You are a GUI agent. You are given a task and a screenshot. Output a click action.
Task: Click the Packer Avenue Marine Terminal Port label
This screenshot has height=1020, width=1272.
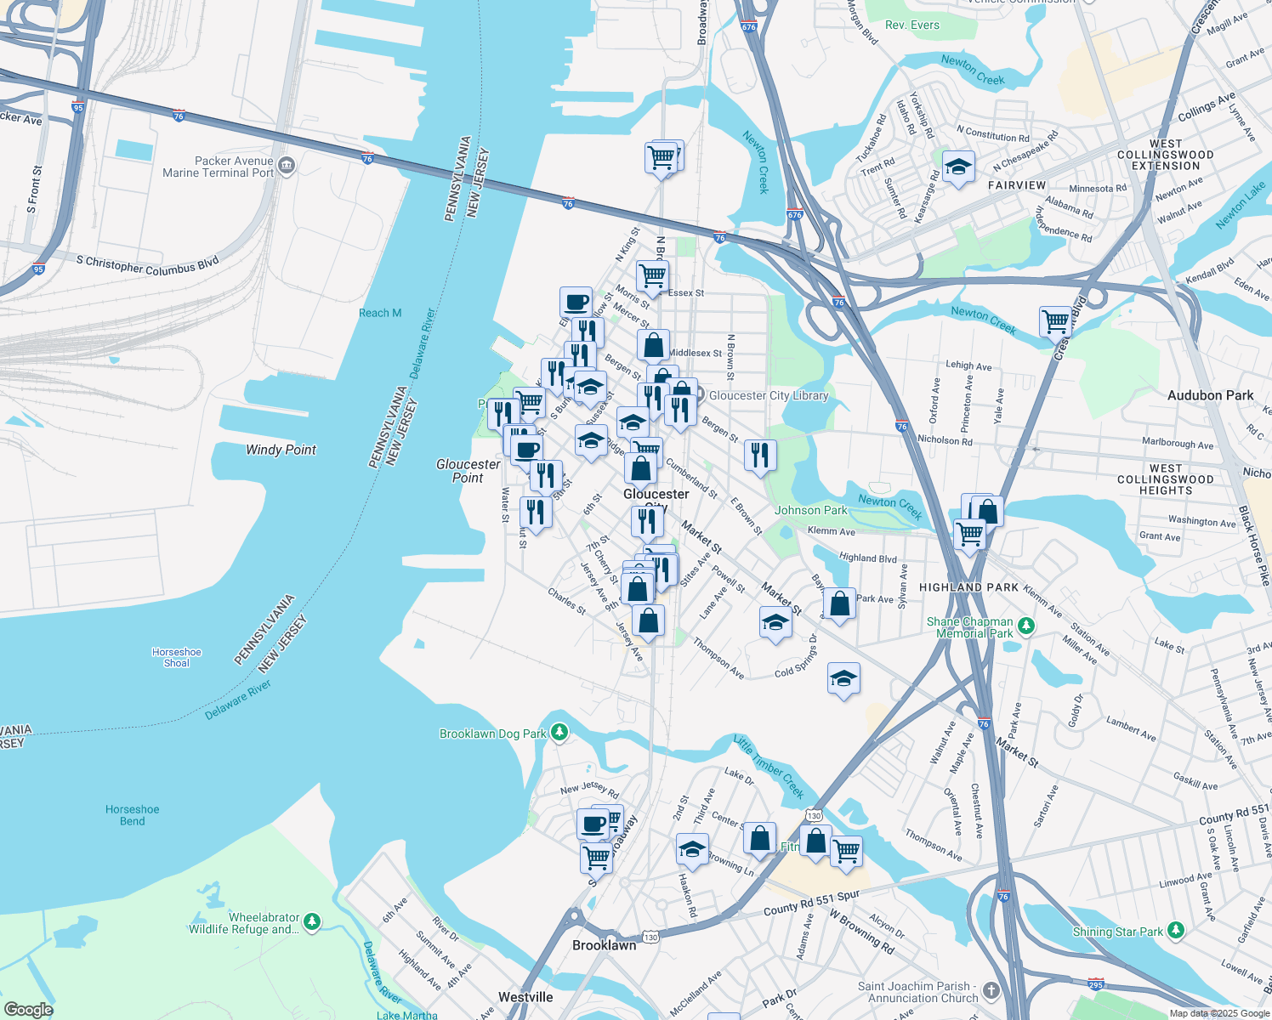(219, 167)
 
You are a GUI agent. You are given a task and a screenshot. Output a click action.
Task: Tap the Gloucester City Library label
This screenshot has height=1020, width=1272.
(768, 395)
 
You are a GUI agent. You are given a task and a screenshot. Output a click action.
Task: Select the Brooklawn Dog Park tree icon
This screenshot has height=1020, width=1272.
(559, 732)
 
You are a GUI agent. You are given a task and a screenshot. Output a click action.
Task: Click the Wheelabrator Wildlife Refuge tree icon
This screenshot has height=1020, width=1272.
(312, 921)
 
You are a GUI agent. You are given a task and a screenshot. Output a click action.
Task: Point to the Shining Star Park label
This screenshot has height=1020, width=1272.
(1117, 932)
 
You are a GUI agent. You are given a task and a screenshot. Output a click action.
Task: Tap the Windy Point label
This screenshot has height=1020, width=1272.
(281, 450)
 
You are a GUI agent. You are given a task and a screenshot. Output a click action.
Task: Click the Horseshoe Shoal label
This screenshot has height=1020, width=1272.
(177, 658)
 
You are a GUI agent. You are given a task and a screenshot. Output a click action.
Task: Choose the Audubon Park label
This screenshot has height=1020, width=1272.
(1210, 395)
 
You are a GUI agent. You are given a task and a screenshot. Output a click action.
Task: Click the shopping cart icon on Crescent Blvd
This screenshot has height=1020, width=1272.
(1055, 322)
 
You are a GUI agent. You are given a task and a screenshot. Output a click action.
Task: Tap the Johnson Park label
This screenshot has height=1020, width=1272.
(810, 510)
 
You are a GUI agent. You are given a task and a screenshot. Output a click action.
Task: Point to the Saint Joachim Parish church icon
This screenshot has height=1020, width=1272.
(991, 991)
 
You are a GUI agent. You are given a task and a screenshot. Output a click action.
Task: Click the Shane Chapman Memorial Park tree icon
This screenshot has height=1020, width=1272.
(1026, 626)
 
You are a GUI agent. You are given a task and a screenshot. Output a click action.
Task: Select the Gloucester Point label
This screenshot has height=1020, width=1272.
(468, 471)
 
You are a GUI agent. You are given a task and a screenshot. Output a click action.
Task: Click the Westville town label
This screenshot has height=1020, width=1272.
(525, 997)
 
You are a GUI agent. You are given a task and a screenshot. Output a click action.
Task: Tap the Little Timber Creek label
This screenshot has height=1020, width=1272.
(769, 767)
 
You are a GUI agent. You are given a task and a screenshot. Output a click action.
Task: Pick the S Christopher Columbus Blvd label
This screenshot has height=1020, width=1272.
(147, 264)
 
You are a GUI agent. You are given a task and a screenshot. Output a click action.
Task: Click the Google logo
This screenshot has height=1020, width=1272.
(28, 1009)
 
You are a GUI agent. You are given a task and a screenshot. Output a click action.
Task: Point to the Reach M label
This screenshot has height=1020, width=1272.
(380, 313)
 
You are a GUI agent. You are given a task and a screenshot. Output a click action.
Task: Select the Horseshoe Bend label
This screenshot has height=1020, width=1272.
(133, 815)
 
